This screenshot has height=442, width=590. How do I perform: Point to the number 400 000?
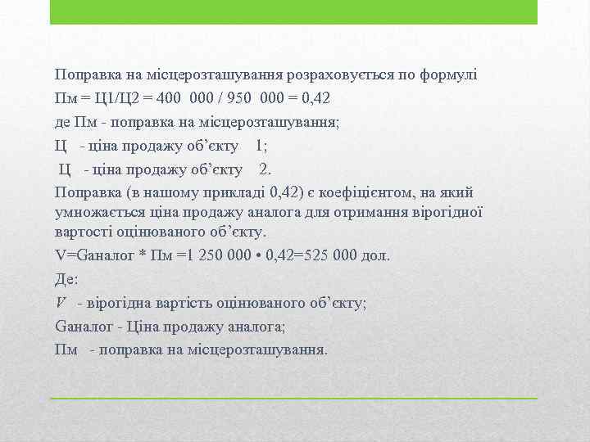pos(185,98)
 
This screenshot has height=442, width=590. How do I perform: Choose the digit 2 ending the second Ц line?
pos(264,169)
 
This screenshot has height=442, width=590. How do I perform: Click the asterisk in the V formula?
pos(142,255)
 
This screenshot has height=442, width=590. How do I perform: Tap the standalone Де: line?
pos(66,277)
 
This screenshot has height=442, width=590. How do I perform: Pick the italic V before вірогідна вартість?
pos(61,302)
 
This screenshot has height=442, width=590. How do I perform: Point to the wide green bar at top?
pos(293,12)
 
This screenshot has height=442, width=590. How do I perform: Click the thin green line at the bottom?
pos(293,398)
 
